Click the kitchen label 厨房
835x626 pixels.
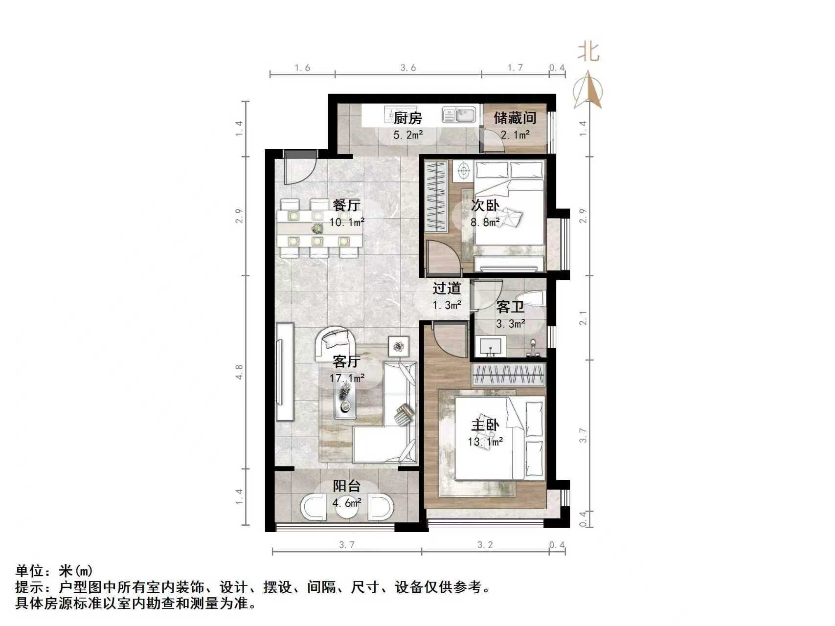(407, 118)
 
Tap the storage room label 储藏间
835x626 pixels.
(515, 118)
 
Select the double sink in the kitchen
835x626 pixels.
(459, 115)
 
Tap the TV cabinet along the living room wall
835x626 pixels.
(285, 371)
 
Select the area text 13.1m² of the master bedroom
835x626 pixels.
(485, 442)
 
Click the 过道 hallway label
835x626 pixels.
(447, 289)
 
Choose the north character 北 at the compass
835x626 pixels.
(588, 51)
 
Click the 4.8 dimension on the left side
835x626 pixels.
(239, 373)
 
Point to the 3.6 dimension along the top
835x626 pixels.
(408, 67)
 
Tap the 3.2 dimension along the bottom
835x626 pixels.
(485, 545)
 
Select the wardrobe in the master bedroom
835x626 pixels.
(508, 375)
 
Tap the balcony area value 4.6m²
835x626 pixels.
(347, 502)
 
